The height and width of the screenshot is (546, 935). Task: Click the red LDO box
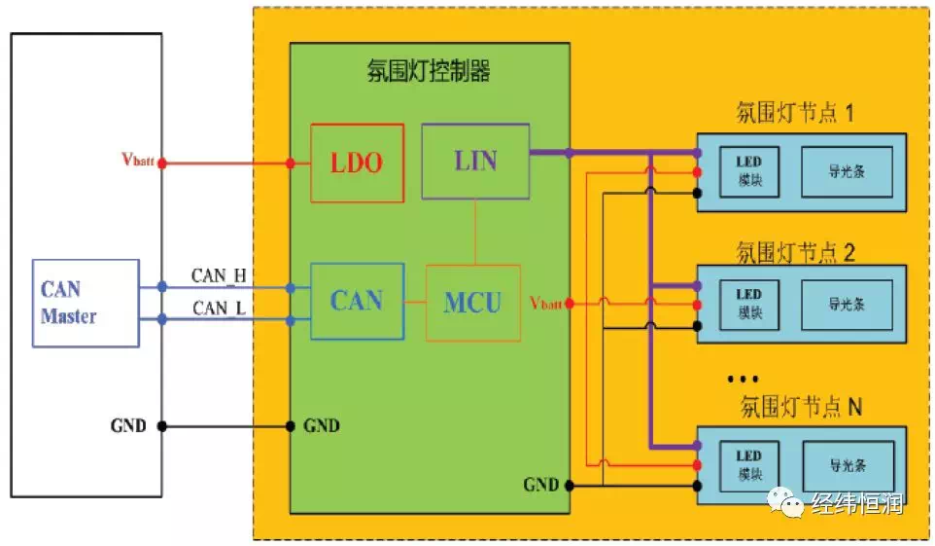357,163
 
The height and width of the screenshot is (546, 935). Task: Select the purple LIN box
475,161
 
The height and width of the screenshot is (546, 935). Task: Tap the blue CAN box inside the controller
356,301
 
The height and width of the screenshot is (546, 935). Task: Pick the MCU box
473,302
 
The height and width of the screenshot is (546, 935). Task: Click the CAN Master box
86,303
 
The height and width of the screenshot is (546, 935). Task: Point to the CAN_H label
220,275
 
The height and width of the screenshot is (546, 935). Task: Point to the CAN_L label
219,308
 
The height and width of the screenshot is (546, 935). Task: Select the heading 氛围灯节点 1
796,114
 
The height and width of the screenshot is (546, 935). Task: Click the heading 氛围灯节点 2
796,252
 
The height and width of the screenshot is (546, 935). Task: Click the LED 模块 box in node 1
748,173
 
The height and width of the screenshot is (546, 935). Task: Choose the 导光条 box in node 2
847,304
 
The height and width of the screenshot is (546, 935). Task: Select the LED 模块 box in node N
748,463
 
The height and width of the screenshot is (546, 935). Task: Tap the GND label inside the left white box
128,426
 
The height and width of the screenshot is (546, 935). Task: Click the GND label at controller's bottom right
541,484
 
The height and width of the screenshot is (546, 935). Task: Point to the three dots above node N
743,380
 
